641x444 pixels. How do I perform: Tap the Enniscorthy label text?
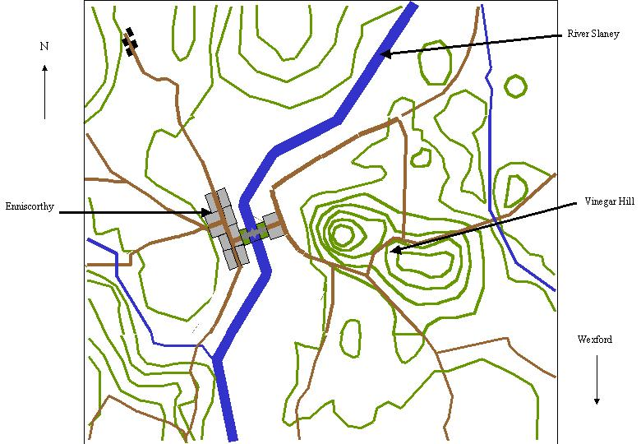(30, 207)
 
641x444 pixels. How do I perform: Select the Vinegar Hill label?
(606, 201)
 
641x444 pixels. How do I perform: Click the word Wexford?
(594, 340)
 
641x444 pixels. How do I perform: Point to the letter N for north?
(44, 47)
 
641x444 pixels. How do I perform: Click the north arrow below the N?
(44, 90)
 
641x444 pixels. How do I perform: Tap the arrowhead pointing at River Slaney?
(384, 54)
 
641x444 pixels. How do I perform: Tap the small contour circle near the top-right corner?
(515, 86)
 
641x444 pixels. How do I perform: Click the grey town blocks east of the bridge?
(274, 225)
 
